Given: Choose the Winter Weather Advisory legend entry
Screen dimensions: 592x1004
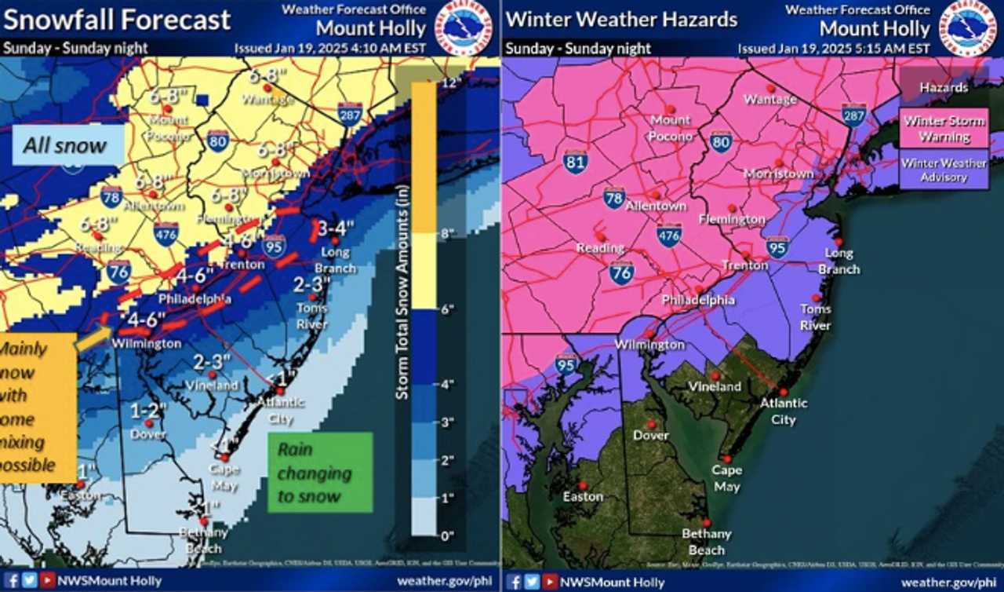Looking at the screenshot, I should coord(944,170).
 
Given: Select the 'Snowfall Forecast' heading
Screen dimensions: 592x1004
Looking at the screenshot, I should coord(118,20).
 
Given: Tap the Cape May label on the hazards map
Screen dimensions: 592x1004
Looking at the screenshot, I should coord(726,478).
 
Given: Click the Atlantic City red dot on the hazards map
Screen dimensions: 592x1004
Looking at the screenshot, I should coord(783,392).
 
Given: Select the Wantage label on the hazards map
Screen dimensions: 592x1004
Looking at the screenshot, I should coord(769,100).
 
